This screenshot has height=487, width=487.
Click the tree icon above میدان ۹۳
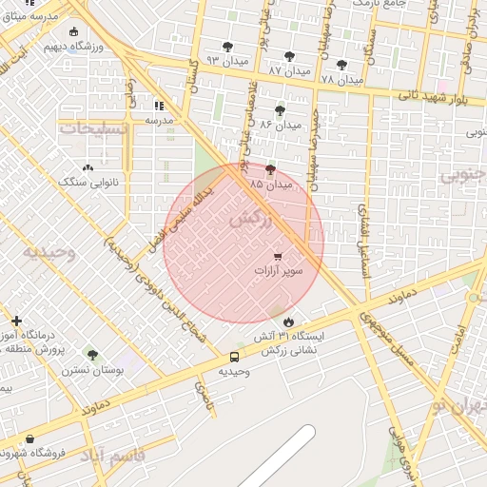click(228, 46)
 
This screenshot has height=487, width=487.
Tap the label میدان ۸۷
click(287, 71)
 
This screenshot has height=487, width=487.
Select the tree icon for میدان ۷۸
click(341, 65)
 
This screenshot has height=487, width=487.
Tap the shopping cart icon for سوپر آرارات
click(278, 256)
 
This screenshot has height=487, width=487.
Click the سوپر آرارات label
click(278, 271)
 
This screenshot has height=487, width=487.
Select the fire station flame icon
click(288, 321)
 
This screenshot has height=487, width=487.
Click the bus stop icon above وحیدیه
click(234, 357)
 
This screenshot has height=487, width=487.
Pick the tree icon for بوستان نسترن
click(92, 355)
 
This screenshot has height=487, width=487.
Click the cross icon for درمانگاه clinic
click(16, 321)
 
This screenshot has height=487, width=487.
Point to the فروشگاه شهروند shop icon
click(30, 438)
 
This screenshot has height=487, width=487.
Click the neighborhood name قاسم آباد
click(111, 456)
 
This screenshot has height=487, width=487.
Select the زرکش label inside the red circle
click(250, 217)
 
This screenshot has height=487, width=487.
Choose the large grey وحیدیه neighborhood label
click(49, 252)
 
